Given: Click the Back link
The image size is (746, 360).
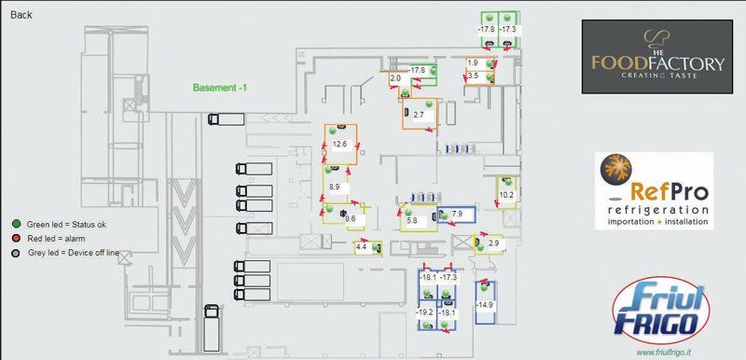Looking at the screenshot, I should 21,15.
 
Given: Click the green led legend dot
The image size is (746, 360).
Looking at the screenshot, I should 16,224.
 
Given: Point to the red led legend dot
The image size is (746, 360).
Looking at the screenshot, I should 16,238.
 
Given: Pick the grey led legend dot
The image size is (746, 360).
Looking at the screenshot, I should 16,252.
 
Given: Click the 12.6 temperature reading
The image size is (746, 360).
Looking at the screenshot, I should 339,145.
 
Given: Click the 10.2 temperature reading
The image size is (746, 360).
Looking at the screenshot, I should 506,195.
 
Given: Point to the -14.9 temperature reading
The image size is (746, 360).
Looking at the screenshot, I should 485,305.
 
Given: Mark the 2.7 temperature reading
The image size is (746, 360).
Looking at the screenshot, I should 419,115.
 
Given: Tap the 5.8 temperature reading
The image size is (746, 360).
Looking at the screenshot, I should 411,220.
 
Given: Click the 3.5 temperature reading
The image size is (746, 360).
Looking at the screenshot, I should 473,76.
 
